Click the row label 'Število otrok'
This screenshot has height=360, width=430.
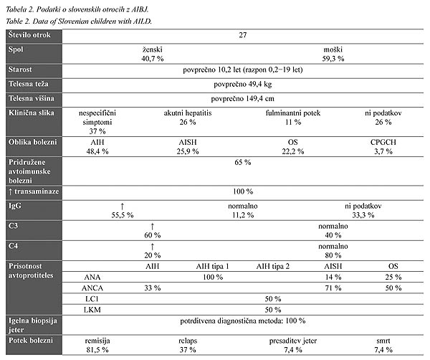coord(29,35)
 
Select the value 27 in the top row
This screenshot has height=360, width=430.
coord(243,35)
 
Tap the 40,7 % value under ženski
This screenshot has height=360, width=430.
coord(153,59)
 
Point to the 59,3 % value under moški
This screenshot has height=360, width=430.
coord(333,59)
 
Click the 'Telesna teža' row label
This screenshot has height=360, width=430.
coord(28,84)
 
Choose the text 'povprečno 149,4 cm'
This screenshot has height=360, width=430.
coord(243,98)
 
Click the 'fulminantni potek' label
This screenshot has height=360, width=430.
coord(293,113)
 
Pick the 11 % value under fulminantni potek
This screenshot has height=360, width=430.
coord(293,122)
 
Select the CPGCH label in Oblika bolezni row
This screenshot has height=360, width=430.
coord(383,142)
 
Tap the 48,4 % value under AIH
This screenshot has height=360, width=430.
coord(97,151)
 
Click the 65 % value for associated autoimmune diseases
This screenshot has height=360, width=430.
coord(243,162)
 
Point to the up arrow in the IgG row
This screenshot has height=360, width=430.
coord(123,207)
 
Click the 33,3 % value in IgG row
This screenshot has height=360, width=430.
coord(363,215)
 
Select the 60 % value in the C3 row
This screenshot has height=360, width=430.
coord(153,235)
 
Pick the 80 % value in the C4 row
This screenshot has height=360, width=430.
coord(333,255)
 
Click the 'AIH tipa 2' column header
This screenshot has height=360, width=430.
coord(272,267)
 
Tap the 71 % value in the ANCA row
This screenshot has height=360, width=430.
coord(333,288)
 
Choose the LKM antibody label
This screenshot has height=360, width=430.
coord(92,310)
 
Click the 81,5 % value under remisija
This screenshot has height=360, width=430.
coord(97,350)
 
